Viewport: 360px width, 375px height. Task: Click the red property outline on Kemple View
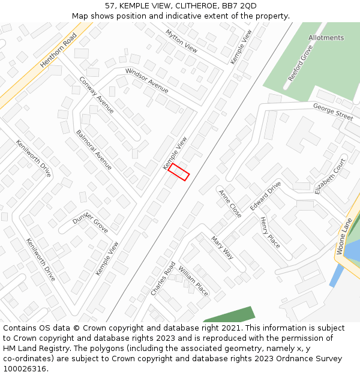179,172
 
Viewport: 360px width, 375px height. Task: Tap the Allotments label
326,38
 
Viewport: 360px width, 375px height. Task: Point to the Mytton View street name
181,40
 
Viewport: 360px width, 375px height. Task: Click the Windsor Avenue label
146,80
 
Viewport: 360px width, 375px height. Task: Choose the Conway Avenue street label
96,95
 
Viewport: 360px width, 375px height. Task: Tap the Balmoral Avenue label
94,149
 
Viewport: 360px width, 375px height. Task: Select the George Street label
333,112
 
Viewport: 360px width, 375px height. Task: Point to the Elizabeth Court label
330,176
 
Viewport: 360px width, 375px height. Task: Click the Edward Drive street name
265,196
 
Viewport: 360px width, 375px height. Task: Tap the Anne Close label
230,204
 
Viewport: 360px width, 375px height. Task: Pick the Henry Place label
269,233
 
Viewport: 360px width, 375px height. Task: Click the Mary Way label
221,247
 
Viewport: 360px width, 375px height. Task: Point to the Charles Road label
163,278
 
